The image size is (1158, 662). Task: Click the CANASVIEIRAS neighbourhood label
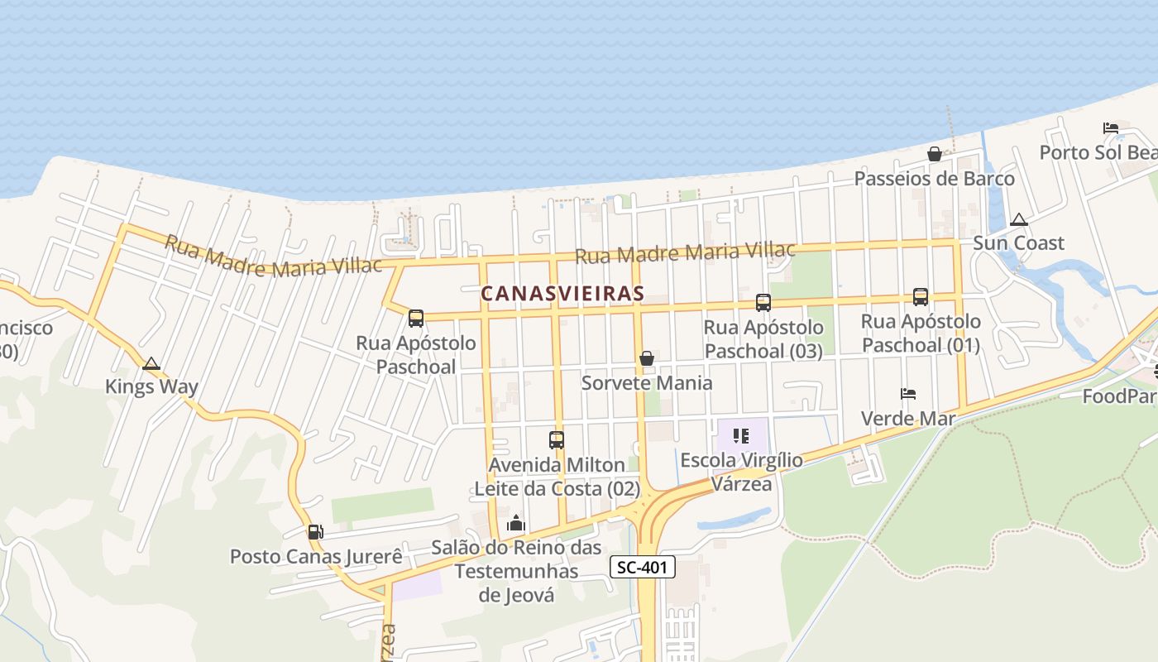pyautogui.click(x=562, y=294)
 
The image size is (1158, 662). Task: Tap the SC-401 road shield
pyautogui.click(x=643, y=567)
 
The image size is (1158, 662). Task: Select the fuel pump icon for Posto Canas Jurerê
pyautogui.click(x=315, y=532)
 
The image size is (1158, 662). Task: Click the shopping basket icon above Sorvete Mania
pyautogui.click(x=647, y=358)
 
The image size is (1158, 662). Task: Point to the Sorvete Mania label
pyautogui.click(x=647, y=382)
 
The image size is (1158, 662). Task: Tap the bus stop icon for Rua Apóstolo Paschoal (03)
pyautogui.click(x=763, y=303)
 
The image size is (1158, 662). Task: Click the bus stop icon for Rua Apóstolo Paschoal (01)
pyautogui.click(x=920, y=296)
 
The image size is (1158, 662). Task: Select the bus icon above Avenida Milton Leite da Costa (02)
pyautogui.click(x=557, y=440)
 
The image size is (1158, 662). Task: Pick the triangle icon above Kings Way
pyautogui.click(x=151, y=363)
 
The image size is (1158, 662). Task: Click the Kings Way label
pyautogui.click(x=151, y=386)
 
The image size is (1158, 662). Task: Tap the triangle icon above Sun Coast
pyautogui.click(x=1019, y=219)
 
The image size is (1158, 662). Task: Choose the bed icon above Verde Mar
pyautogui.click(x=908, y=394)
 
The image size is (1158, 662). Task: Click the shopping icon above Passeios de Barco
pyautogui.click(x=934, y=154)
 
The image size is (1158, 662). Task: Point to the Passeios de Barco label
pyautogui.click(x=934, y=178)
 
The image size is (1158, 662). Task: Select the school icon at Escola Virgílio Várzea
pyautogui.click(x=741, y=435)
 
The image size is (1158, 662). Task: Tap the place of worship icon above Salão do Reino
pyautogui.click(x=516, y=523)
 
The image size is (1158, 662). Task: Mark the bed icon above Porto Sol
pyautogui.click(x=1111, y=128)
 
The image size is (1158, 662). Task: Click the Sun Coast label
pyautogui.click(x=1018, y=243)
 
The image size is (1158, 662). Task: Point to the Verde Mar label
pyautogui.click(x=908, y=418)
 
